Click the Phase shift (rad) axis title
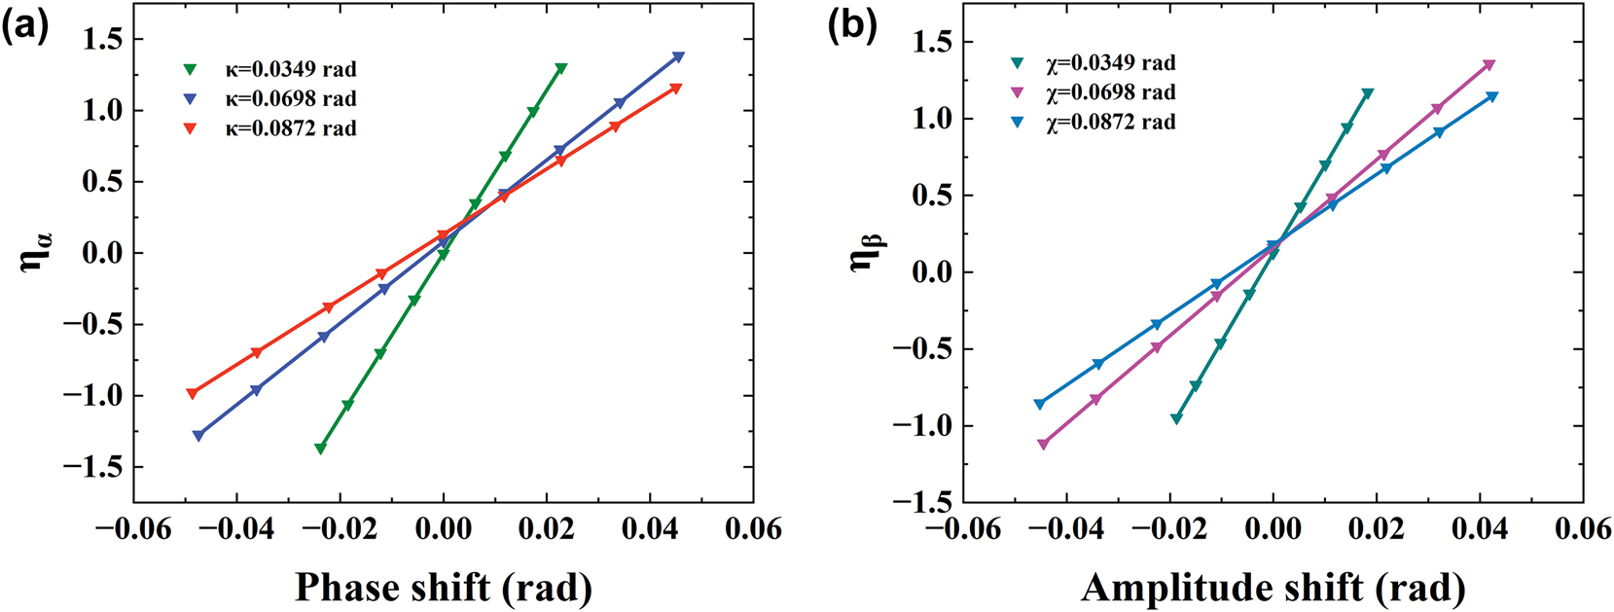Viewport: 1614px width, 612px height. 443,588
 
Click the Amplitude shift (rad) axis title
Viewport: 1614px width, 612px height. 1273,588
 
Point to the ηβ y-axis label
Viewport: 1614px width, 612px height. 864,255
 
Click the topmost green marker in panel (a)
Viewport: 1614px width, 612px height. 561,68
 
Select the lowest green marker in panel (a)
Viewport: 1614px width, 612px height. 320,449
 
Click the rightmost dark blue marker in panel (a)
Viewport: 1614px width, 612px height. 678,57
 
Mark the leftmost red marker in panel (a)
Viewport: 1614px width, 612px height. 192,393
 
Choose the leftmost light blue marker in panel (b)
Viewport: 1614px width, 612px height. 1039,404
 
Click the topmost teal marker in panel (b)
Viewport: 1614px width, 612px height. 1368,93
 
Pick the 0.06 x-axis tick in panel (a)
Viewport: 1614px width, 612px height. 753,529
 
